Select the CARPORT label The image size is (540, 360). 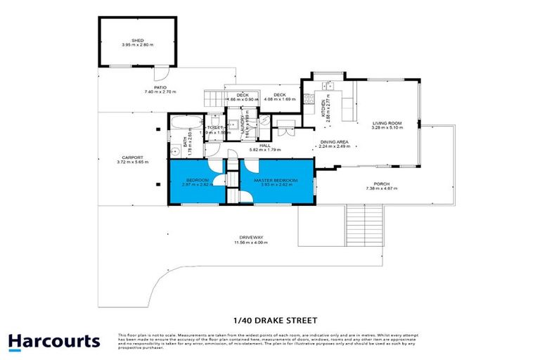click(x=132, y=157)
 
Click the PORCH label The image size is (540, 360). click(x=382, y=184)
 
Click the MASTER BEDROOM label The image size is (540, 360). click(x=276, y=181)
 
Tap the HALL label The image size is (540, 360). click(x=264, y=146)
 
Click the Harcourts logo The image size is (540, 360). click(x=54, y=342)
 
